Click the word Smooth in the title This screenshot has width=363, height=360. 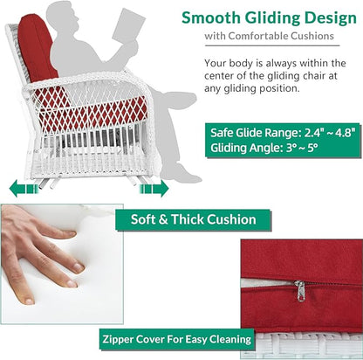click(x=211, y=17)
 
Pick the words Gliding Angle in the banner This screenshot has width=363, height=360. click(x=246, y=148)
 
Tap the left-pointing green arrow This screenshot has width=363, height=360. click(x=24, y=188)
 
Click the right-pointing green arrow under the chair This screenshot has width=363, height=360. click(x=154, y=188)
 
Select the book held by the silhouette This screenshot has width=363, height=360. click(x=128, y=26)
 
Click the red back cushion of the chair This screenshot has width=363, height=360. click(x=36, y=48)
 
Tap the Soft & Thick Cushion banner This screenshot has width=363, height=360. click(x=193, y=219)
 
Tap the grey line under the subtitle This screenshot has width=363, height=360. click(x=272, y=45)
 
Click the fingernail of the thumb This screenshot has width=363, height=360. click(x=29, y=301)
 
